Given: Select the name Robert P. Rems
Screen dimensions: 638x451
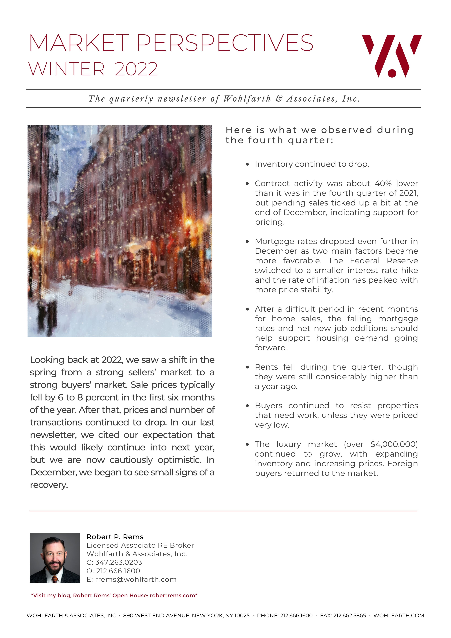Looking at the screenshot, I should click(x=115, y=537).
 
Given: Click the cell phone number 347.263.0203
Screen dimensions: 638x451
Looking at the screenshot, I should click(x=119, y=562).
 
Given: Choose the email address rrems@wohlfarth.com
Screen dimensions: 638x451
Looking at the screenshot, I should click(x=136, y=579).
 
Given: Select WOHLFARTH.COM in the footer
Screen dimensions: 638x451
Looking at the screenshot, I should click(x=398, y=615).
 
